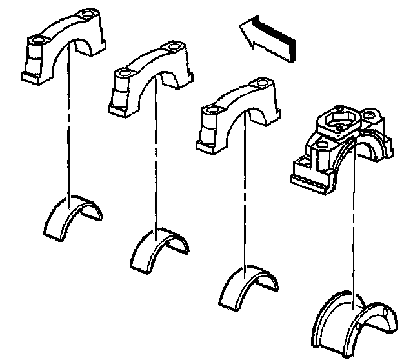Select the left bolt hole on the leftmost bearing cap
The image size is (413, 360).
coord(35,41)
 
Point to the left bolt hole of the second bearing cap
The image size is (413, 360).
coord(123,74)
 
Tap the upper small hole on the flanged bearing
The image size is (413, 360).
coord(385,314)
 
